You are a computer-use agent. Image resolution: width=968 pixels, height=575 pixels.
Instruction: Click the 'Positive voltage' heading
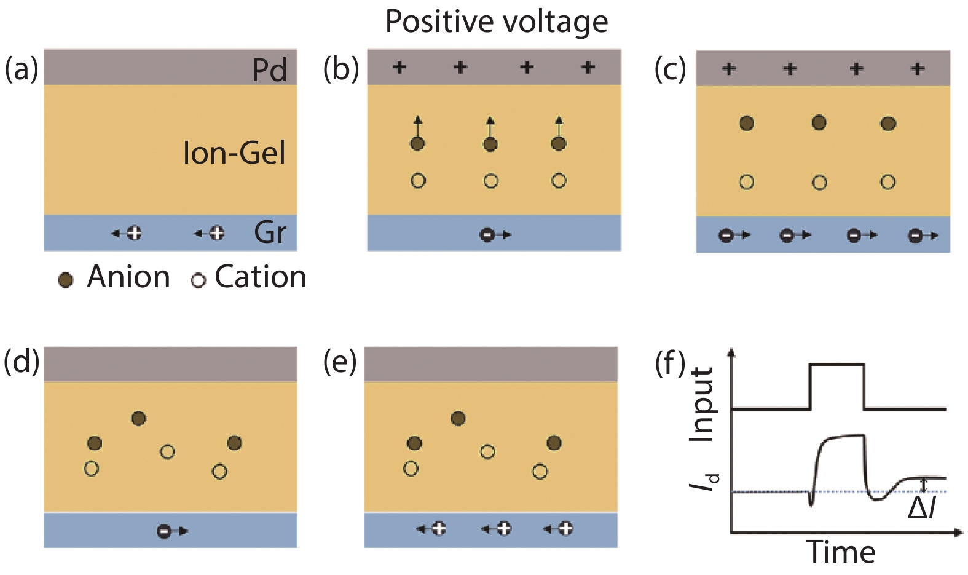tap(496, 22)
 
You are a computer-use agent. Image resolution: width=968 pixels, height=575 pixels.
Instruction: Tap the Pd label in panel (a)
tap(269, 70)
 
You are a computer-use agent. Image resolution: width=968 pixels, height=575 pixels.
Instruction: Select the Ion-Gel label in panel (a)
tap(234, 153)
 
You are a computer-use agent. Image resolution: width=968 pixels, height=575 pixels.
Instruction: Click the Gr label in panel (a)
tap(270, 232)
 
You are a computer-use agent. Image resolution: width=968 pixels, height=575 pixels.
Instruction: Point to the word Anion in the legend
tap(128, 277)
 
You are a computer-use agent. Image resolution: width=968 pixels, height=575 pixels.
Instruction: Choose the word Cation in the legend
tap(260, 277)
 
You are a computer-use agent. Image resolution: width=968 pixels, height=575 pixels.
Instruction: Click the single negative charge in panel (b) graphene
tap(487, 234)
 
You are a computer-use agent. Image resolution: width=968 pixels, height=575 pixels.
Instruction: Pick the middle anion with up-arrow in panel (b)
tap(490, 144)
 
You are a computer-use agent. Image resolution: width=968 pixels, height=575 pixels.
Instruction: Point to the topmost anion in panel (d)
tap(139, 419)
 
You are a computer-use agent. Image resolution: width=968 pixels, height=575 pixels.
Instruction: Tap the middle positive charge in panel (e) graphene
tap(503, 528)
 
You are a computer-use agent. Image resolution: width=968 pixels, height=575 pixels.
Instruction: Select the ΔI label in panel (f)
tap(922, 508)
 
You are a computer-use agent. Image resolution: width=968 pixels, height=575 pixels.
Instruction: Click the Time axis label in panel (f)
tap(840, 552)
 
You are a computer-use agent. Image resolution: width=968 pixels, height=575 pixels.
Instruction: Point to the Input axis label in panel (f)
tap(702, 404)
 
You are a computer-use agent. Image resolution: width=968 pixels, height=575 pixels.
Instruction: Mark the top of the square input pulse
tap(837, 365)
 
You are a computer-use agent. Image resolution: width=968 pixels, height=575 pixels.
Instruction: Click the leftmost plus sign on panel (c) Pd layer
tap(729, 68)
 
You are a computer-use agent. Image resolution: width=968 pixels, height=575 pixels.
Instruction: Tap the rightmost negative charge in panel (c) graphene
tap(915, 235)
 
